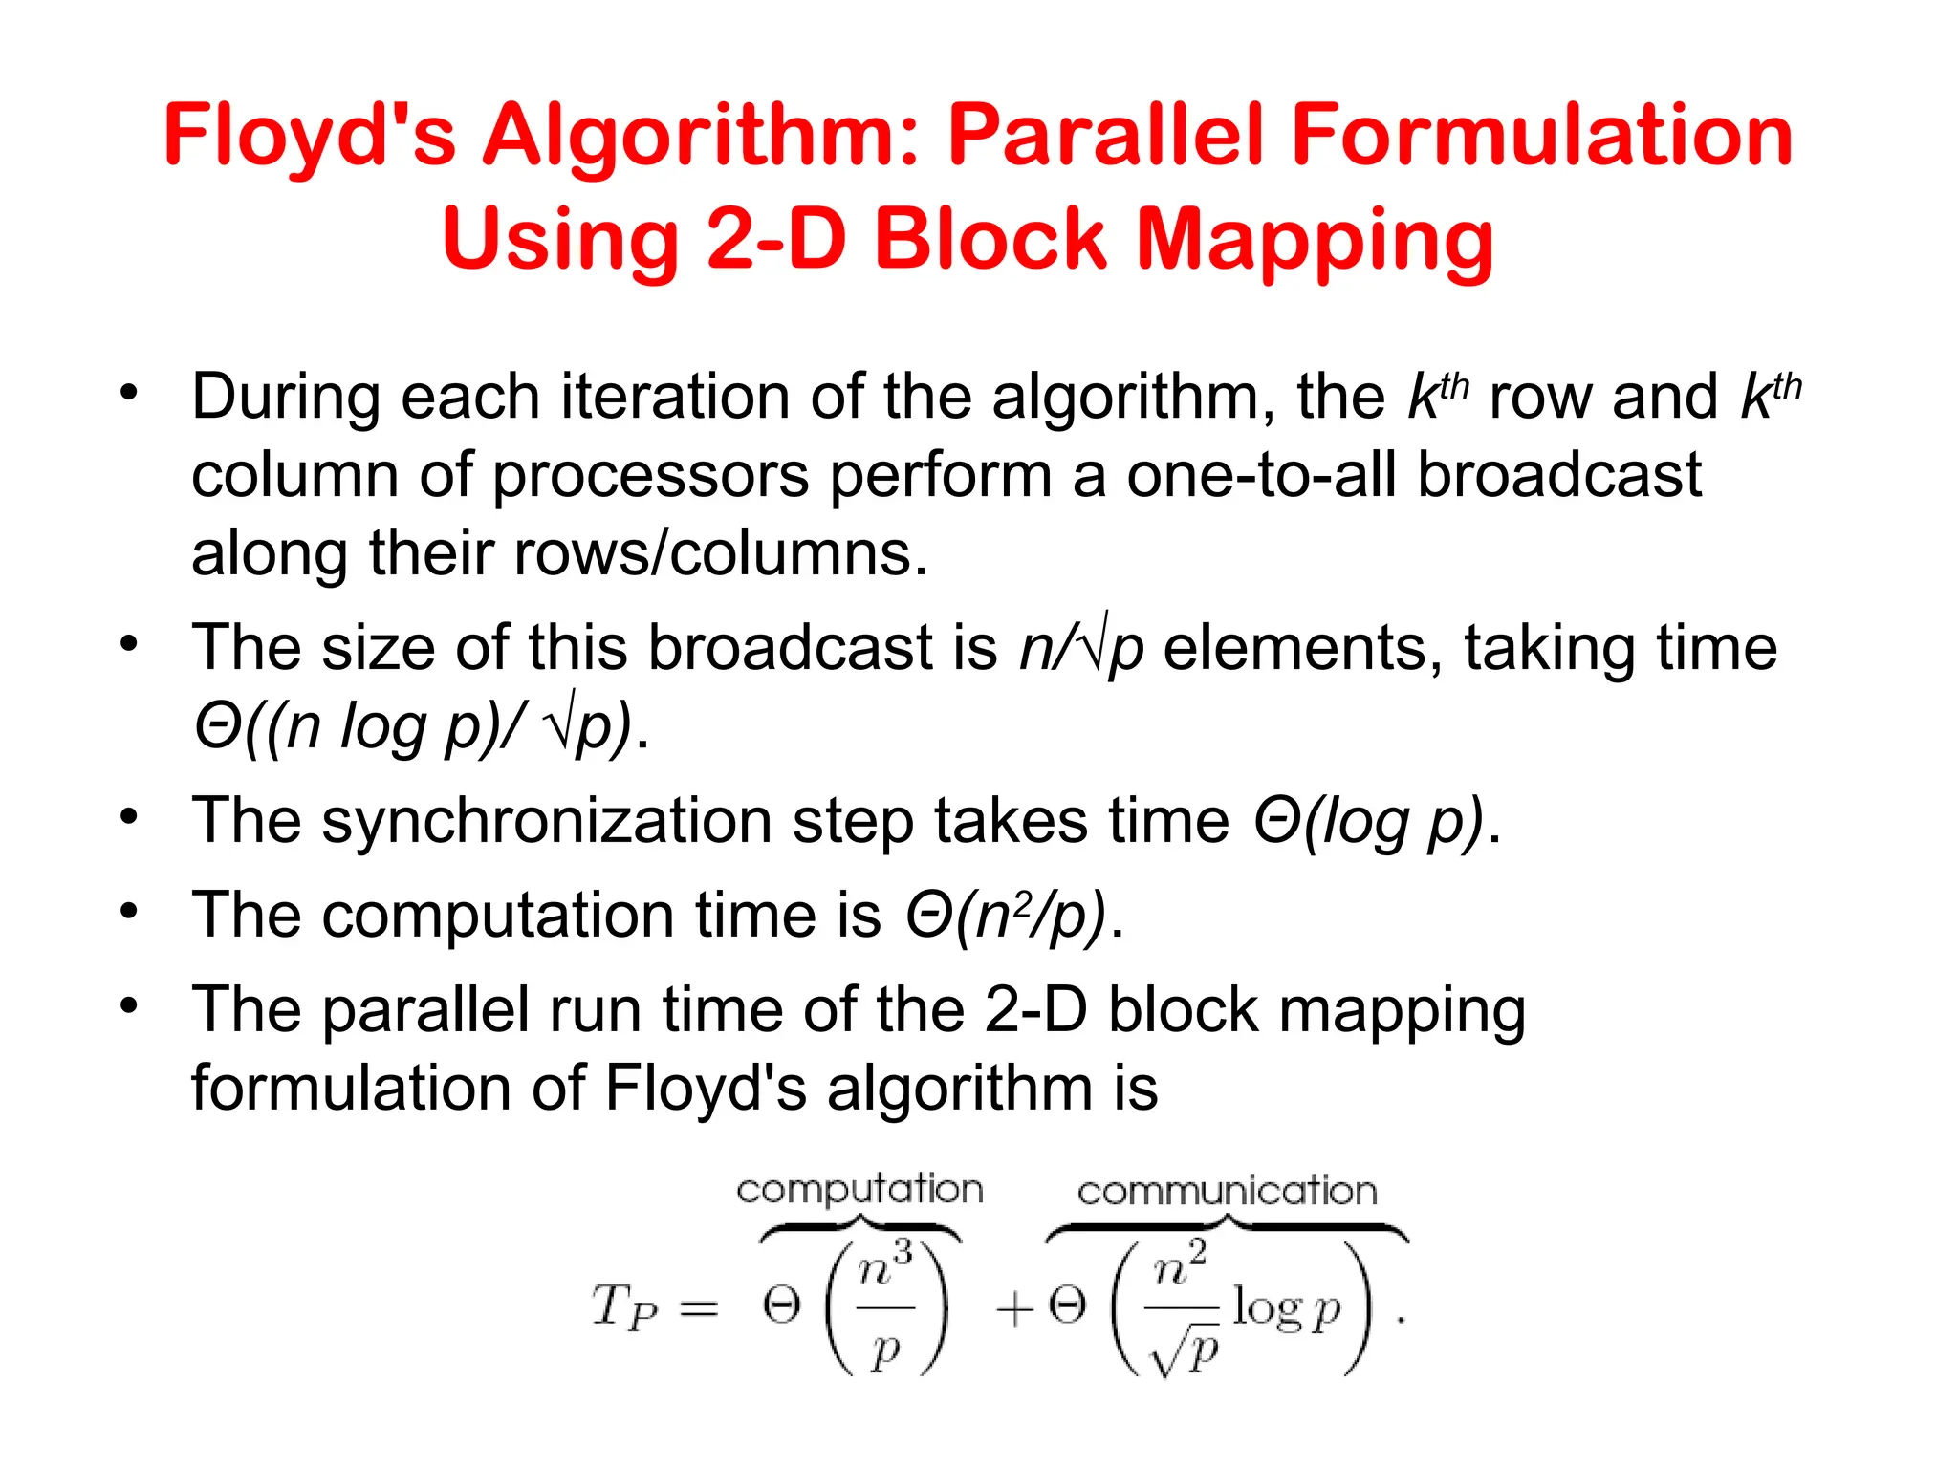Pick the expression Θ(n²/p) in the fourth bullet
[x=1006, y=916]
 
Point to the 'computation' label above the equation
[x=859, y=1190]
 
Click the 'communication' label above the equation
[x=1227, y=1192]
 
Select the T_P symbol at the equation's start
[x=624, y=1306]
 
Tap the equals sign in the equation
[x=698, y=1308]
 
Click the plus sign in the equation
[x=1014, y=1308]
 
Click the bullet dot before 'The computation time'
[x=129, y=911]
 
